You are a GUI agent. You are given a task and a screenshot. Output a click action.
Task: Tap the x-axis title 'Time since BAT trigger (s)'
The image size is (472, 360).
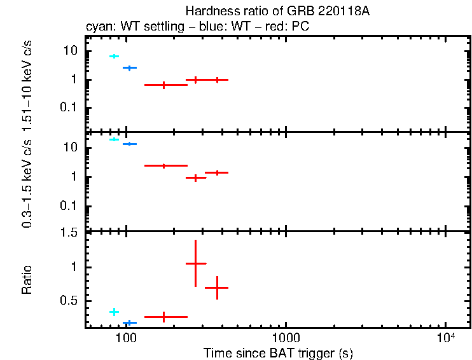pos(278,352)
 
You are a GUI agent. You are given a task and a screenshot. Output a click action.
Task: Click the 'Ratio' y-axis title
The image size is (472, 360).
pos(27,280)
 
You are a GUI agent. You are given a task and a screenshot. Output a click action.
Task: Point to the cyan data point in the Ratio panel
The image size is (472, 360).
pos(114,312)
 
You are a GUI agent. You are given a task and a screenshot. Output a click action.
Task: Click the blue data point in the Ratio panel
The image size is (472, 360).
pos(130,323)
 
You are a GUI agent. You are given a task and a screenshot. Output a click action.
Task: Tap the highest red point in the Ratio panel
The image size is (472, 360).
pos(195,263)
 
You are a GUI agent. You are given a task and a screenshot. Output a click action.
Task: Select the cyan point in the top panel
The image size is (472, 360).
pos(114,57)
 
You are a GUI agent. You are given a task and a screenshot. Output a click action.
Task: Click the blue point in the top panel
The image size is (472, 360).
pos(130,67)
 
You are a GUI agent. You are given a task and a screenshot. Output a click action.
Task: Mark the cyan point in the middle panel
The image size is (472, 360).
pos(114,139)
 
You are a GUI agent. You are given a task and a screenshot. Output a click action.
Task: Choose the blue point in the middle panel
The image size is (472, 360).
pos(130,144)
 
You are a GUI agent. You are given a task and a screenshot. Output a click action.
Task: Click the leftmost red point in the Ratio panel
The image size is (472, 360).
pos(164,316)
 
